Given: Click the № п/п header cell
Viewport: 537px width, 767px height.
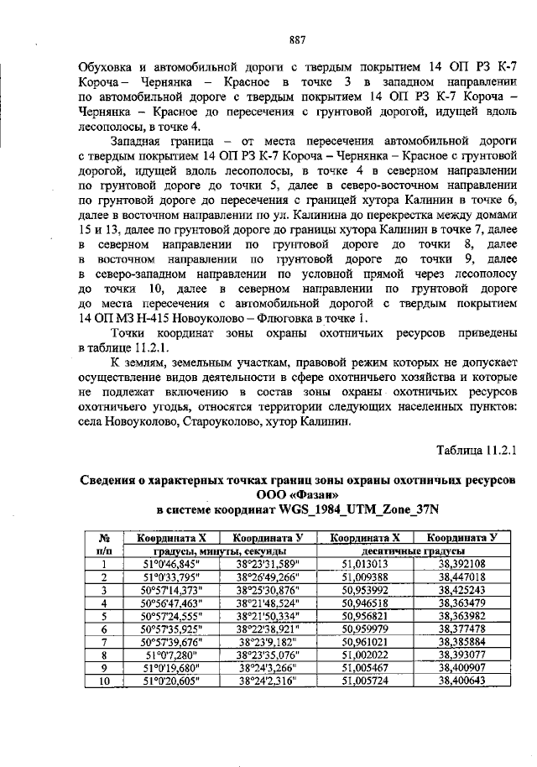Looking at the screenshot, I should click(106, 544).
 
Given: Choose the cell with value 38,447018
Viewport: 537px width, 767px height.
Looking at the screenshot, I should click(461, 577).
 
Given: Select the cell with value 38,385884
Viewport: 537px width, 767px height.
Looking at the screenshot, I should click(461, 641).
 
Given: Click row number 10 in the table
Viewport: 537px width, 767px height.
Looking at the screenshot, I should click(106, 681).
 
